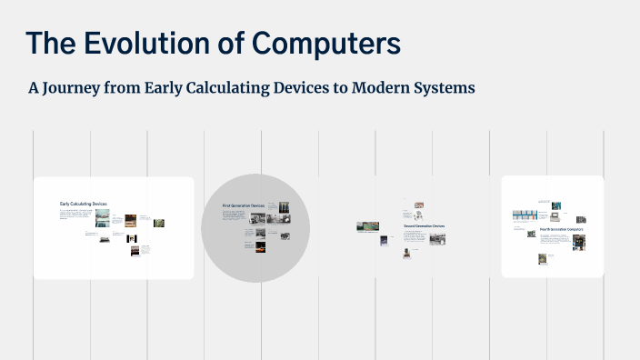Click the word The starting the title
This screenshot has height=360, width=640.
(x=52, y=43)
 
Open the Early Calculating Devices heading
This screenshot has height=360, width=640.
(x=83, y=204)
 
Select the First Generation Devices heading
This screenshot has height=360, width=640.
(x=243, y=206)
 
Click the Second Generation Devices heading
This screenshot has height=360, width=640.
(x=424, y=225)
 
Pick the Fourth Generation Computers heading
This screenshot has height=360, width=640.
(x=561, y=230)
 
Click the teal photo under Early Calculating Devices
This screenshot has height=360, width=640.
(x=102, y=217)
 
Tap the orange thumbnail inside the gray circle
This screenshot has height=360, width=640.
(x=261, y=245)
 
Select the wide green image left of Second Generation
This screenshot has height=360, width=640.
(x=370, y=225)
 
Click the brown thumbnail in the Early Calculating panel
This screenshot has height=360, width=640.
(x=130, y=218)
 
